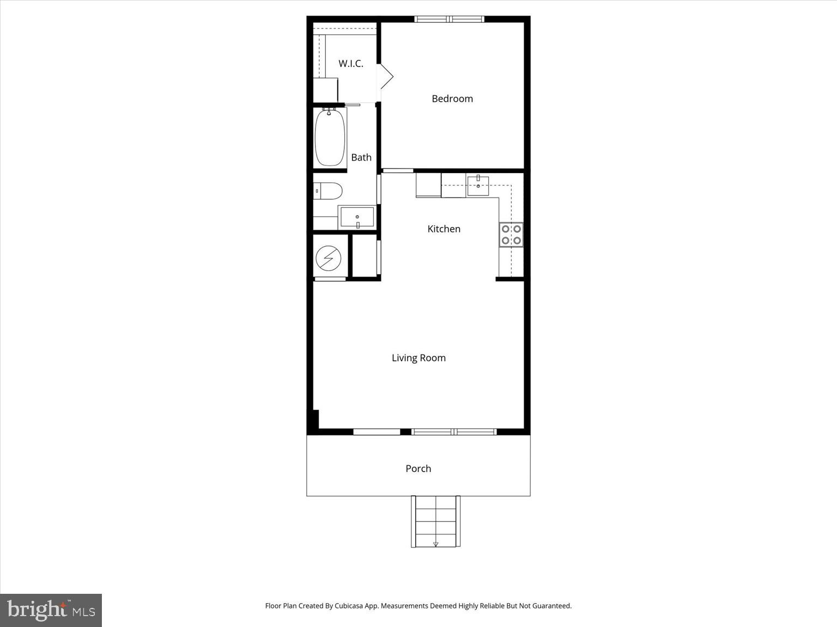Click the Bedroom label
pyautogui.click(x=452, y=99)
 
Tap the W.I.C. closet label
pyautogui.click(x=350, y=64)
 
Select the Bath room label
pyautogui.click(x=361, y=157)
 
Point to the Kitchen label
pyautogui.click(x=444, y=229)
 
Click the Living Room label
pyautogui.click(x=418, y=358)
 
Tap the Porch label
pyautogui.click(x=418, y=469)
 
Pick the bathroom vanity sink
pyautogui.click(x=357, y=217)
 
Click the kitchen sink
pyautogui.click(x=478, y=185)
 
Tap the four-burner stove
pyautogui.click(x=511, y=235)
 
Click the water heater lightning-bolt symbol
pyautogui.click(x=329, y=258)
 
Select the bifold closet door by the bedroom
pyautogui.click(x=386, y=77)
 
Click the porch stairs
pyautogui.click(x=435, y=521)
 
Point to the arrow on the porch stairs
pyautogui.click(x=435, y=544)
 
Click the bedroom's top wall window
pyautogui.click(x=450, y=20)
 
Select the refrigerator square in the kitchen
pyautogui.click(x=428, y=185)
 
